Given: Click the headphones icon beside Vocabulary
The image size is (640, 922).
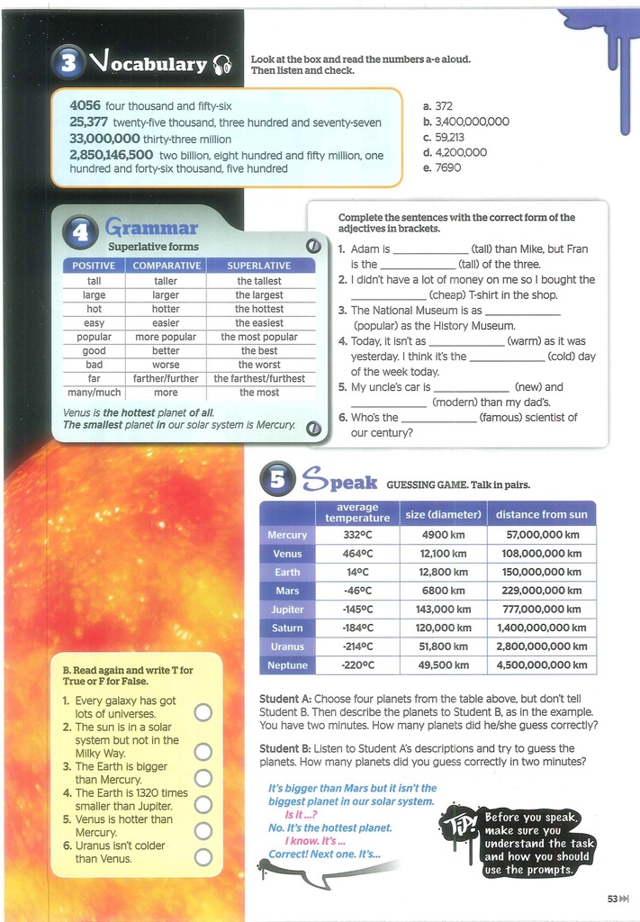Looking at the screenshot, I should (x=222, y=64).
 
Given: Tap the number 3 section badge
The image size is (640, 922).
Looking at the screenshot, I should (x=70, y=62).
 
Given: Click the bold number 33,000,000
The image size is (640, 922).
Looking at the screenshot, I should (x=104, y=139).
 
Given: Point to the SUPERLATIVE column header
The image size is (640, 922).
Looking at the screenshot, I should (x=259, y=266).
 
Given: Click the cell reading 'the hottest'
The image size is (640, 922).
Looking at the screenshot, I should (x=259, y=309).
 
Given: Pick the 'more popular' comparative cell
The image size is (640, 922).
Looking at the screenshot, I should (x=166, y=337).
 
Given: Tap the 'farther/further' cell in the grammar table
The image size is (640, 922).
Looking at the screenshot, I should (x=166, y=379).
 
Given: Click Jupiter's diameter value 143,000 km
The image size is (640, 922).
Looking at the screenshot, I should (x=443, y=610).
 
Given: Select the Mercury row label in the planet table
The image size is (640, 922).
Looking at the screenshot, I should (x=287, y=535).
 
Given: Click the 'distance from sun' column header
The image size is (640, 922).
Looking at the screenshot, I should (x=541, y=514).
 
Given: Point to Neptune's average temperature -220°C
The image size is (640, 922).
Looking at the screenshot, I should (x=357, y=665).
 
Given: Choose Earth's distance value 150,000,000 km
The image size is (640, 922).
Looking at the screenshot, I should (x=541, y=573).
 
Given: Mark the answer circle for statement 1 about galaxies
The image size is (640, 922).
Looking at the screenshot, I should (x=203, y=712).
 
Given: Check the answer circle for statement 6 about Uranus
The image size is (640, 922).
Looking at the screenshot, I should (x=203, y=857).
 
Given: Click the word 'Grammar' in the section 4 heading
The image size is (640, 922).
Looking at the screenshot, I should (x=150, y=227).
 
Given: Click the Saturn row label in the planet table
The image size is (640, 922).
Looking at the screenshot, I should (x=287, y=628).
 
